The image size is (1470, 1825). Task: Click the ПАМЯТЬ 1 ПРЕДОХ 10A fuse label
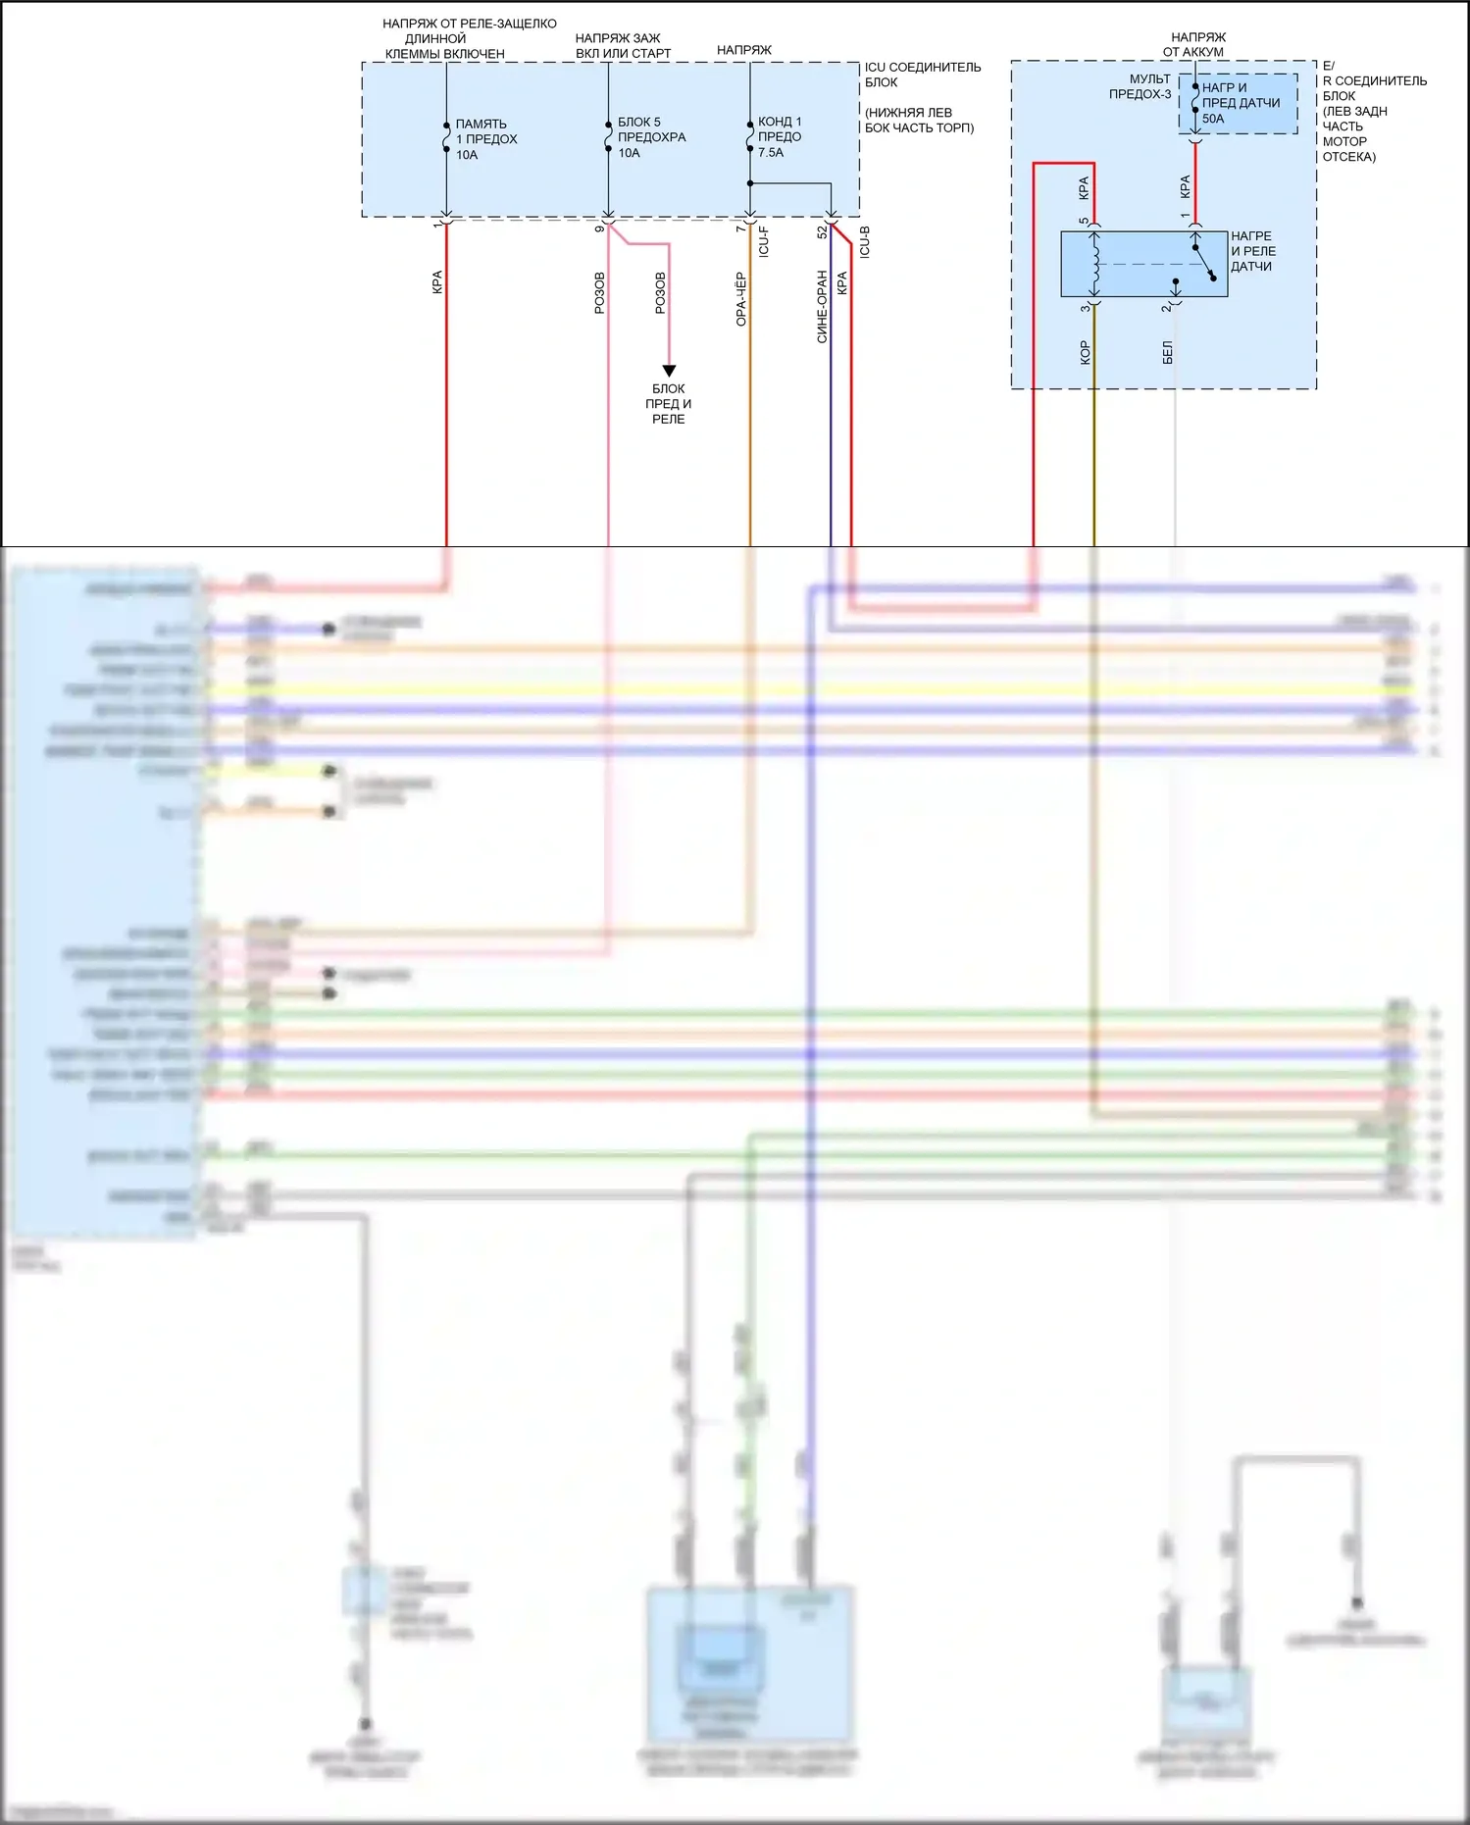[x=485, y=139]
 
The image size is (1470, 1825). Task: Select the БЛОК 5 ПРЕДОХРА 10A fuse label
[x=651, y=137]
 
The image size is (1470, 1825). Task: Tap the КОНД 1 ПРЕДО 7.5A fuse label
[x=780, y=137]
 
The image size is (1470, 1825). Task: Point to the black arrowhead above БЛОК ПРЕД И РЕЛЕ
[x=669, y=371]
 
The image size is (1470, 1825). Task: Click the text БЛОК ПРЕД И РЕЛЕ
[x=669, y=404]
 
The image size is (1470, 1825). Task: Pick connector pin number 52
[x=822, y=231]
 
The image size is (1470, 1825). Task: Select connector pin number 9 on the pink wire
[x=599, y=228]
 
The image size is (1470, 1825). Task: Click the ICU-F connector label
[x=764, y=241]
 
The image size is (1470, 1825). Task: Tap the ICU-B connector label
[x=865, y=241]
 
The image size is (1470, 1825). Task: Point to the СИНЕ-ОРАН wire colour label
[x=822, y=307]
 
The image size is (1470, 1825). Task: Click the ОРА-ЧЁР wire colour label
[x=741, y=299]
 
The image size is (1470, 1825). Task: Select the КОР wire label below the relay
[x=1085, y=353]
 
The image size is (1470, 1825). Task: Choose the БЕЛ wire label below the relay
[x=1167, y=353]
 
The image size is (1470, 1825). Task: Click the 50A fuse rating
[x=1213, y=119]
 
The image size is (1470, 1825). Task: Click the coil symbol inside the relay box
[x=1095, y=264]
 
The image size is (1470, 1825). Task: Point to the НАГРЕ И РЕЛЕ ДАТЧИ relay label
[x=1253, y=251]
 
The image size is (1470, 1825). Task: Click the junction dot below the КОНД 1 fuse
[x=750, y=183]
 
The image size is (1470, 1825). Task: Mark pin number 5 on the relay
[x=1084, y=222]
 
